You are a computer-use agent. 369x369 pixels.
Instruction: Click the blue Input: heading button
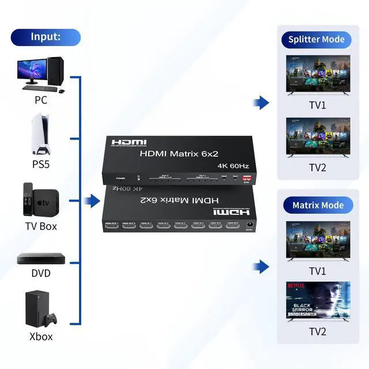pos(46,37)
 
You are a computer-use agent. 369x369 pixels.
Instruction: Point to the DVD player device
pos(40,258)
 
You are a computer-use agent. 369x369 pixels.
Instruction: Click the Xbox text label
pos(40,337)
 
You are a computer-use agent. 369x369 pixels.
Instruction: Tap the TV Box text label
pos(40,226)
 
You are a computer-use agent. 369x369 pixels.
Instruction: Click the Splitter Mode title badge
pos(317,40)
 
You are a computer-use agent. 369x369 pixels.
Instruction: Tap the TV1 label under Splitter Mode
pos(317,106)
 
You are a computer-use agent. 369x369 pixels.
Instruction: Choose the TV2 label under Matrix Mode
pos(317,332)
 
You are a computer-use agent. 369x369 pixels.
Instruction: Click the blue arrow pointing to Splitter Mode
pos(261,103)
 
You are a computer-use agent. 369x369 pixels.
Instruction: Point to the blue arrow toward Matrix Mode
pos(261,267)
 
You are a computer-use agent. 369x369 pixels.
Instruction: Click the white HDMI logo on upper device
pos(129,142)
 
